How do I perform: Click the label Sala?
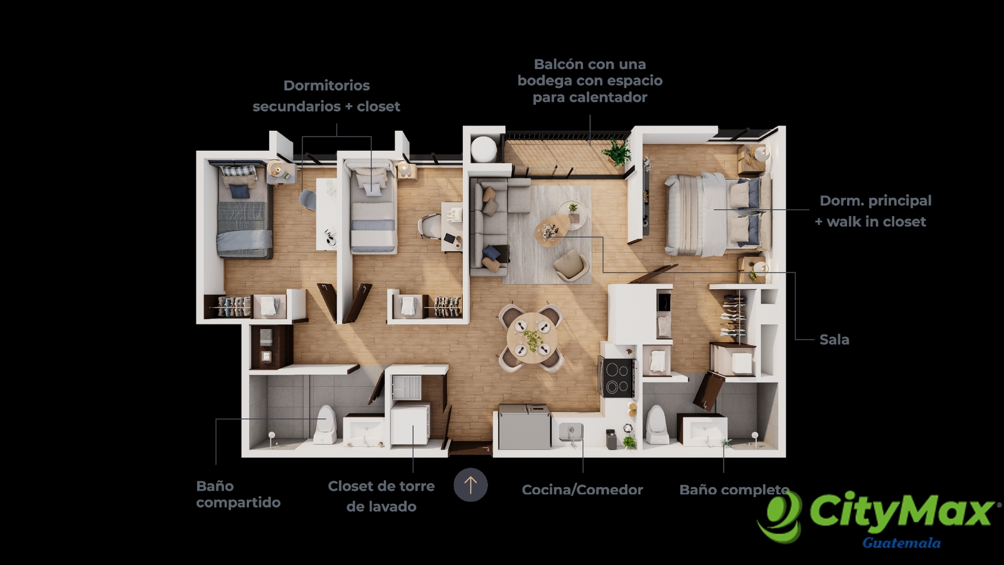[834, 340]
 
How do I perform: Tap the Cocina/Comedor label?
[582, 490]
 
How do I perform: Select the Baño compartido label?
[238, 494]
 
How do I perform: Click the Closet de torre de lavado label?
[381, 497]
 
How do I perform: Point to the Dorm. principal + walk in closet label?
[873, 211]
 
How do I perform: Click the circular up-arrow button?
[471, 485]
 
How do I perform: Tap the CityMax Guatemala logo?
[878, 520]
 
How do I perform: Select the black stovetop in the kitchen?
[617, 377]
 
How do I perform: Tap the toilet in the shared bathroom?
[326, 424]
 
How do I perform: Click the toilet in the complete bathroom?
[657, 424]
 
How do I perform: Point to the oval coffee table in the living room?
[552, 230]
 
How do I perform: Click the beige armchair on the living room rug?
[572, 266]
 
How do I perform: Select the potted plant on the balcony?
[617, 151]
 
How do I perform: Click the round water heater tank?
[484, 149]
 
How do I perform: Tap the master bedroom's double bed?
[718, 215]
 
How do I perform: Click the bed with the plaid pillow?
[244, 210]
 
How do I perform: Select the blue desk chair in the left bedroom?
[308, 199]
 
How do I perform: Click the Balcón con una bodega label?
[590, 81]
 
